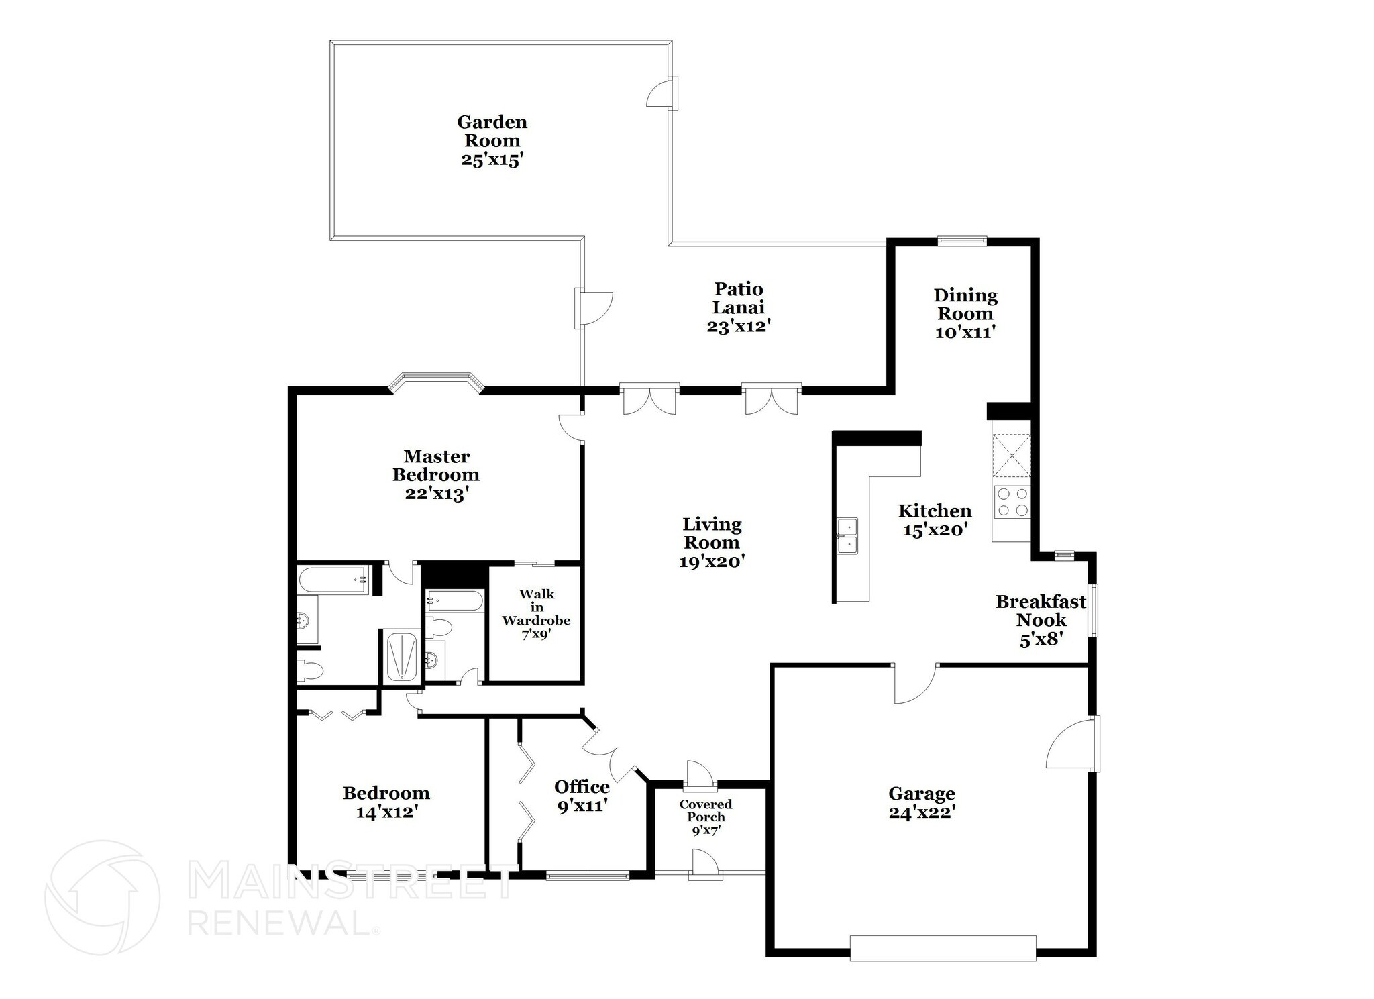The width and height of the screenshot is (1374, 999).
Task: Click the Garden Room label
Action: pos(492,132)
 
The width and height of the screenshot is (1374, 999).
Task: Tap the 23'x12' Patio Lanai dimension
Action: pos(738,327)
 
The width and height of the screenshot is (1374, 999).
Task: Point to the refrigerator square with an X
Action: pos(1011,454)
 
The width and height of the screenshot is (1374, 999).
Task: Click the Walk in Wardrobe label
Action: pos(536,607)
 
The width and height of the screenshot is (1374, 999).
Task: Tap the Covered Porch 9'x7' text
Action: pos(705,817)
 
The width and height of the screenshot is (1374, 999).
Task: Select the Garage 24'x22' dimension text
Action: pos(921,812)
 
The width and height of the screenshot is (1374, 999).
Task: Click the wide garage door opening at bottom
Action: pos(943,948)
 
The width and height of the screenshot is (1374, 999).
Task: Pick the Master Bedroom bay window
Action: pos(436,382)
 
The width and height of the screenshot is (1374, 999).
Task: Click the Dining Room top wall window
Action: pos(962,240)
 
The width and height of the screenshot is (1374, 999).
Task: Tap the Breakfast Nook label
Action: pos(1041,611)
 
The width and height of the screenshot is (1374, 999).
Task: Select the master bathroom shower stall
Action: pos(401,658)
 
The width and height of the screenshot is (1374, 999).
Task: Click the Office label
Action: pos(582,786)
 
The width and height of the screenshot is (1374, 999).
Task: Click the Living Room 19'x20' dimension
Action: pos(712,562)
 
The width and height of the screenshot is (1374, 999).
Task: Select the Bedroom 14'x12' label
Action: pos(386,802)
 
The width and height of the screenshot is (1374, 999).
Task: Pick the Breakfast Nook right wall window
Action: pos(1094,610)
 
